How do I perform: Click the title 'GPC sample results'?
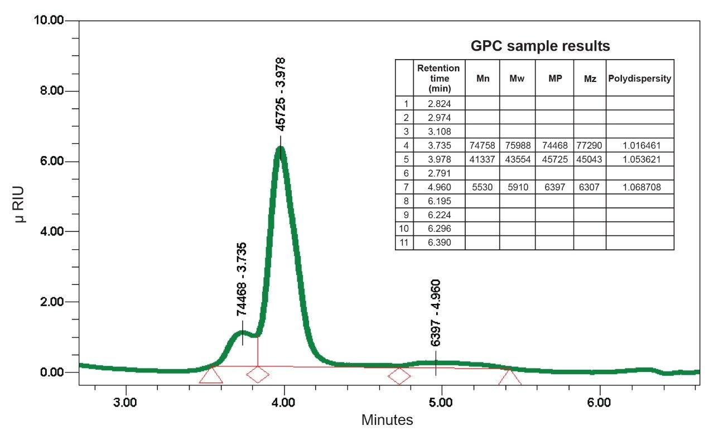tap(540, 46)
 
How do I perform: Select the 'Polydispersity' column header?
tap(639, 78)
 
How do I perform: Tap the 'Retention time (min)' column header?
tap(438, 78)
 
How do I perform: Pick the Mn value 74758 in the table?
tap(482, 145)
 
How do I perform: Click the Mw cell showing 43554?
tap(517, 159)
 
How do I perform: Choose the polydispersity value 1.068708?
tap(639, 187)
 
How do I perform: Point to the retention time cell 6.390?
tap(438, 243)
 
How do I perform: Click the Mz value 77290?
tap(590, 145)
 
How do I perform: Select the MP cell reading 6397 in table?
tap(554, 187)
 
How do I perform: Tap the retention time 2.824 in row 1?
tap(438, 103)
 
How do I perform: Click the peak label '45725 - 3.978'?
tap(281, 94)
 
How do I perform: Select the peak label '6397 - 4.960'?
tap(436, 313)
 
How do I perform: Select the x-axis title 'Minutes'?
tap(387, 420)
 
